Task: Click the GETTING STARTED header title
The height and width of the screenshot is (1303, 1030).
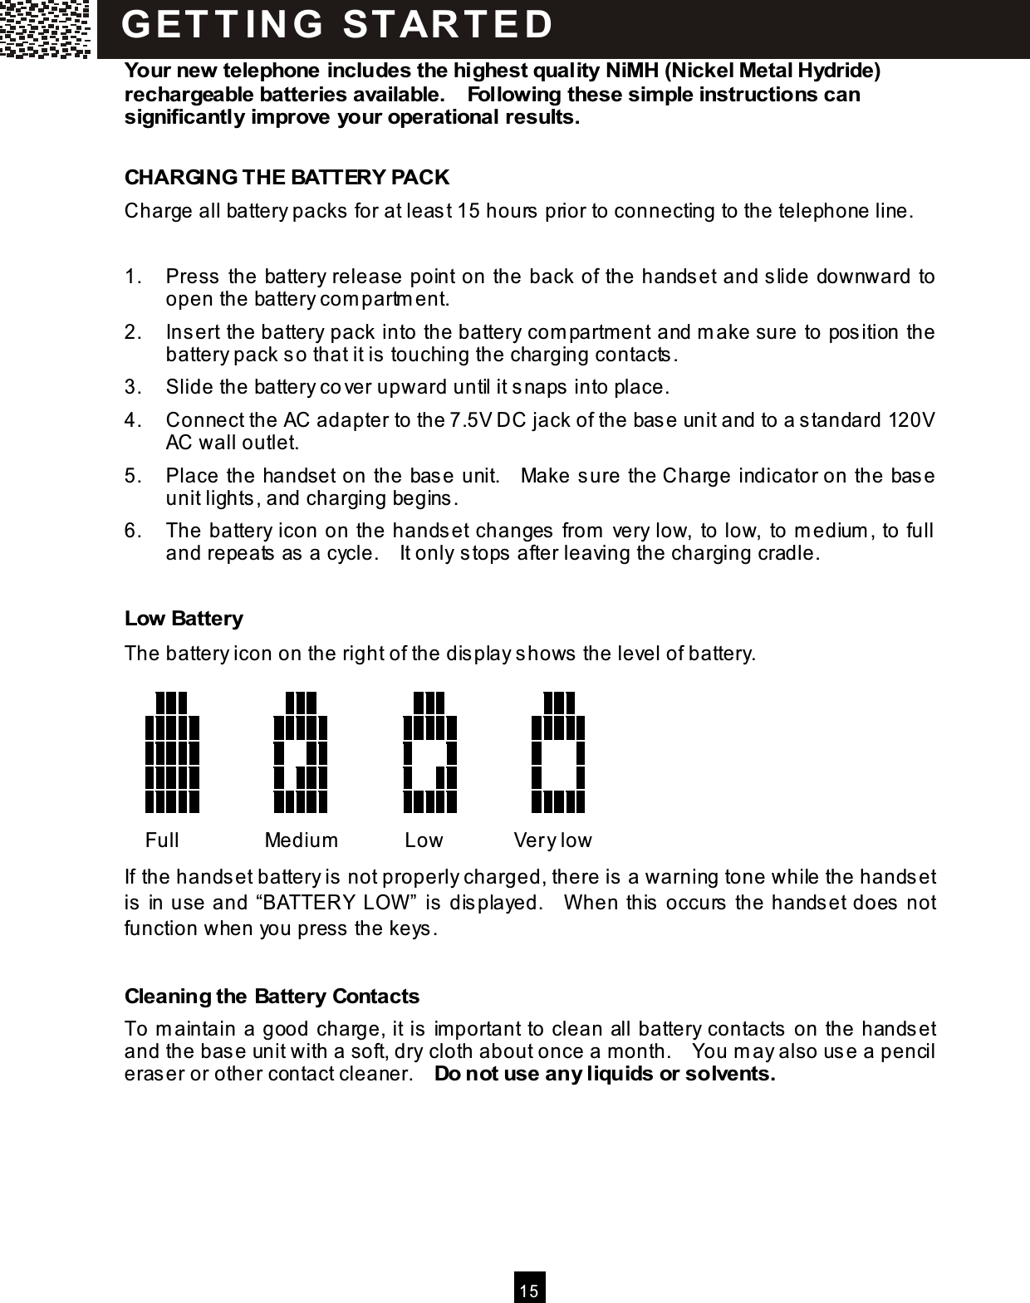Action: tap(337, 24)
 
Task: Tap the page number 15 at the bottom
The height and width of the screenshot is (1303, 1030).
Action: tap(529, 1291)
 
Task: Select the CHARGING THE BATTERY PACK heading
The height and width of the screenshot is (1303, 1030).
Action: tap(287, 178)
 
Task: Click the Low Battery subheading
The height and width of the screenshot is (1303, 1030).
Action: tap(184, 619)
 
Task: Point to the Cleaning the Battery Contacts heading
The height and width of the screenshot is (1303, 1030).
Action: tap(272, 996)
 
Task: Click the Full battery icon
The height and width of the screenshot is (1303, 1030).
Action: tap(172, 752)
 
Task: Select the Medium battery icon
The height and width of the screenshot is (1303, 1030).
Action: tap(301, 752)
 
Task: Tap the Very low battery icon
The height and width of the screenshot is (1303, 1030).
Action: tap(558, 752)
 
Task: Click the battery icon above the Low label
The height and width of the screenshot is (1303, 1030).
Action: tap(429, 752)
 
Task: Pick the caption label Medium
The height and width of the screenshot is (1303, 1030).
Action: tap(301, 840)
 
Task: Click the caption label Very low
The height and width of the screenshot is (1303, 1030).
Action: tap(552, 840)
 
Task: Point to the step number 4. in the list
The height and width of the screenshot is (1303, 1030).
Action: tap(133, 420)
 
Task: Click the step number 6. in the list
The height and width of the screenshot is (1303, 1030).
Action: tap(133, 531)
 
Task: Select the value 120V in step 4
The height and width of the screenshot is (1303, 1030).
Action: tap(911, 420)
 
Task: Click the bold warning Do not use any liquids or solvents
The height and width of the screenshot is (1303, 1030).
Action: tap(605, 1075)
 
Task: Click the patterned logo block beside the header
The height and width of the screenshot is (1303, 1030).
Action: tap(46, 29)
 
